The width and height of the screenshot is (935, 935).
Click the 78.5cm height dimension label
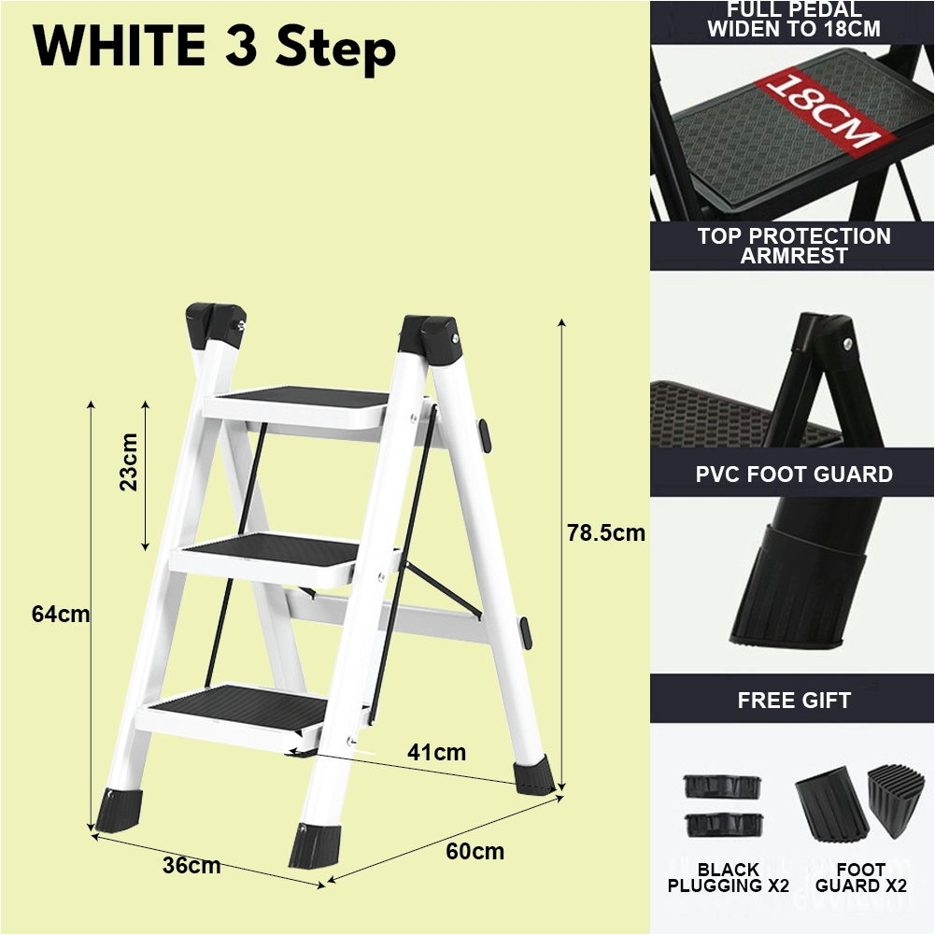pos(605,533)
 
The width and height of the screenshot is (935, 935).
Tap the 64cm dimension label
pos(60,615)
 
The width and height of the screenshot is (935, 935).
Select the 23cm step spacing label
pos(129,461)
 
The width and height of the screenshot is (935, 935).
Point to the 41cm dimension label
pos(436,751)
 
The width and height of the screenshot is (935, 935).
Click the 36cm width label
pos(191,866)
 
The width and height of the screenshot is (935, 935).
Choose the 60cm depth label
pos(475,851)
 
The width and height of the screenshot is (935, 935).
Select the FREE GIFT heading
pos(794,700)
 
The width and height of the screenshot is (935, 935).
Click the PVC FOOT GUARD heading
pos(794,475)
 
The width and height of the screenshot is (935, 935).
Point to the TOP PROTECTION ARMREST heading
pos(794,246)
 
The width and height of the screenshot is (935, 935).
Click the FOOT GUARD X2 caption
pos(861,878)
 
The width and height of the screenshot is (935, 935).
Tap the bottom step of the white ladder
pos(238,705)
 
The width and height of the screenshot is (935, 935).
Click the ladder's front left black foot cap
pos(120,809)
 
